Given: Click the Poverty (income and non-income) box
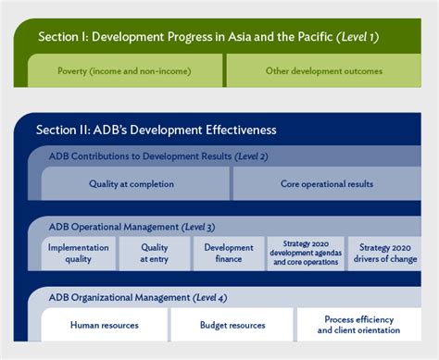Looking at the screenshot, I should pos(125,70).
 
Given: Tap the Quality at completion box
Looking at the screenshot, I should pos(132,184).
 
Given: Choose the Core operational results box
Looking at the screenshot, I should pos(327,184).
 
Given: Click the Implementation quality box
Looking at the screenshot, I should pos(79,254).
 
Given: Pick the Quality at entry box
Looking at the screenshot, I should pos(155,254).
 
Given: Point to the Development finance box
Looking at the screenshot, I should pos(229,254).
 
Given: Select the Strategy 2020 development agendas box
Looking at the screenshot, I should pos(306,254).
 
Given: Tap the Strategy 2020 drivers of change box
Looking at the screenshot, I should pos(389,254).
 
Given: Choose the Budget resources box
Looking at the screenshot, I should pos(232,325).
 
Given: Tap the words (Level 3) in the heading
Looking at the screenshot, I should pos(201,227).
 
